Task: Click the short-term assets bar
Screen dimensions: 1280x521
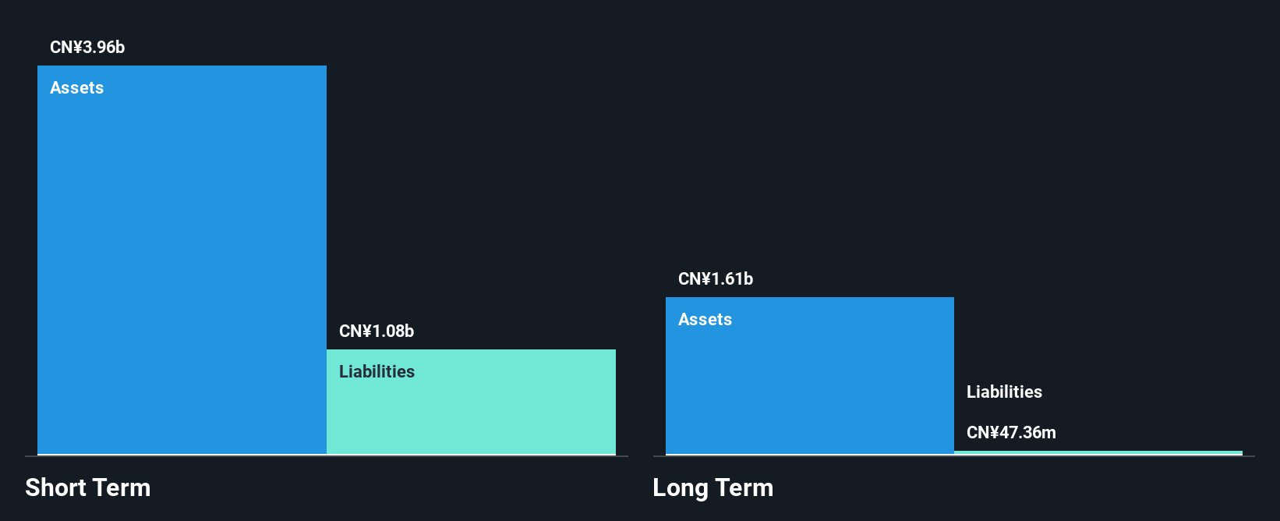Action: [182, 260]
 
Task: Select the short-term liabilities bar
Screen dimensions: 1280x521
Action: [471, 402]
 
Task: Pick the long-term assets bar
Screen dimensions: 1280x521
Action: [810, 375]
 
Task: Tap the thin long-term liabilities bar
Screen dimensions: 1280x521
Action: [1098, 453]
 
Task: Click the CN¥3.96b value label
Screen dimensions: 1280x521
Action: [87, 47]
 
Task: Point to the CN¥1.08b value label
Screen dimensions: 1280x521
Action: [377, 331]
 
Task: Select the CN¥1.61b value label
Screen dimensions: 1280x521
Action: [716, 279]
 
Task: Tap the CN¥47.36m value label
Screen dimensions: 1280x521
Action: [1011, 432]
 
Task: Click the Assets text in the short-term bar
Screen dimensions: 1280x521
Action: [76, 87]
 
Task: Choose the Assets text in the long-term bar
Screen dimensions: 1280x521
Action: [705, 319]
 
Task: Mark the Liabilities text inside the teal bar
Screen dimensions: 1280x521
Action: [377, 372]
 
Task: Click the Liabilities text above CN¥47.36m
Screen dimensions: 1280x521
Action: [1004, 392]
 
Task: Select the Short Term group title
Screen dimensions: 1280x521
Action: [88, 487]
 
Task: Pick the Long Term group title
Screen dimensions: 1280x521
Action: [713, 487]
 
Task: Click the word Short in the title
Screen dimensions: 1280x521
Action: [55, 487]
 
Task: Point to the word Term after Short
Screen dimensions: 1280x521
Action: [120, 487]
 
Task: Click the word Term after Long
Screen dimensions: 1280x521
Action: [744, 487]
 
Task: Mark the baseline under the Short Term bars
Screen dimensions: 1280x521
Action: [327, 455]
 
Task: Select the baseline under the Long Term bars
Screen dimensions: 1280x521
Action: [953, 455]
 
